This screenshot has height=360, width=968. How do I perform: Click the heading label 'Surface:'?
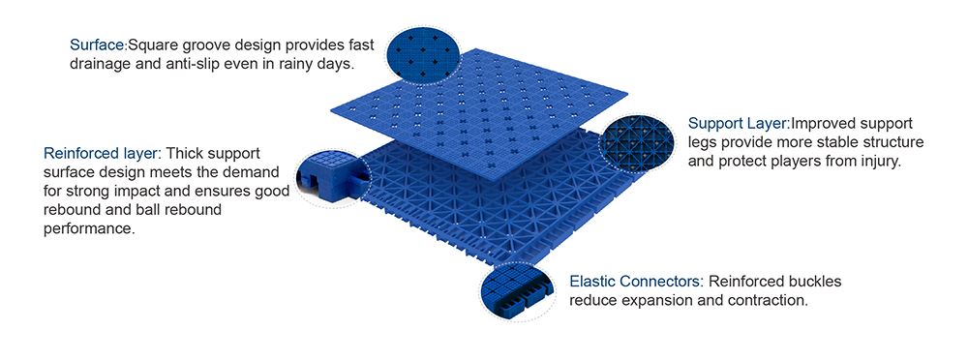[98, 45]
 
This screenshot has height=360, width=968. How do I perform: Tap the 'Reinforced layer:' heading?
[103, 153]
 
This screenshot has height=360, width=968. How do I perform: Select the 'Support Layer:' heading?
[739, 124]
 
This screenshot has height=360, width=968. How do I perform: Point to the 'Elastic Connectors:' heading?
[637, 283]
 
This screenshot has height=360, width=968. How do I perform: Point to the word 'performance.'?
[89, 229]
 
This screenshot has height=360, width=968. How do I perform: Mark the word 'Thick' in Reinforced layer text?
[185, 153]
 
